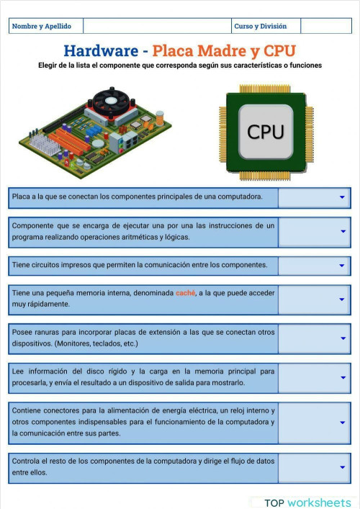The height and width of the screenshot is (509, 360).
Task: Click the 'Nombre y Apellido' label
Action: point(42,26)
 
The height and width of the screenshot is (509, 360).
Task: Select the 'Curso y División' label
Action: point(260,26)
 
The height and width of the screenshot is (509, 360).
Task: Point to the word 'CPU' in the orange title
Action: point(279,50)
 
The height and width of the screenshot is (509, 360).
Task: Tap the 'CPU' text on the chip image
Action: point(266,132)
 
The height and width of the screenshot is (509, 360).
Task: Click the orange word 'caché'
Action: point(185,293)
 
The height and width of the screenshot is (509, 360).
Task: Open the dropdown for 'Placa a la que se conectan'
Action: point(343,197)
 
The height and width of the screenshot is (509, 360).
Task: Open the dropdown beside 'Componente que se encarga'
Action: point(343,231)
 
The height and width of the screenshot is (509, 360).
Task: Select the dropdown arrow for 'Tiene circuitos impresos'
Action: point(343,265)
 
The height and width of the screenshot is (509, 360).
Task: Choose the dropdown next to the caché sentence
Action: point(343,299)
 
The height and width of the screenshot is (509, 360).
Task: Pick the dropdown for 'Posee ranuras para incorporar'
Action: point(343,338)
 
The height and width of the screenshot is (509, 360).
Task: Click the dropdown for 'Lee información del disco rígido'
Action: point(343,377)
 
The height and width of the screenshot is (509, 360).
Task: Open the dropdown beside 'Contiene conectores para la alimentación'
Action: point(343,423)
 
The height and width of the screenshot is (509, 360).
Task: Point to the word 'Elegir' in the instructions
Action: point(50,65)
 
